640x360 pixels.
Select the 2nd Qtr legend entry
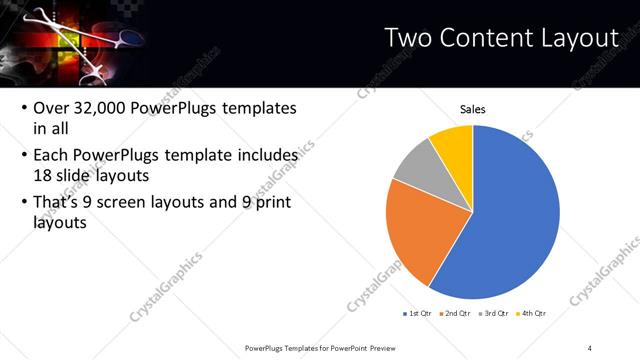coord(456,313)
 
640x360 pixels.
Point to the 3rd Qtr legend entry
coord(495,313)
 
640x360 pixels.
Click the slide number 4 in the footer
coord(590,347)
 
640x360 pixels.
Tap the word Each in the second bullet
coord(51,156)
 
